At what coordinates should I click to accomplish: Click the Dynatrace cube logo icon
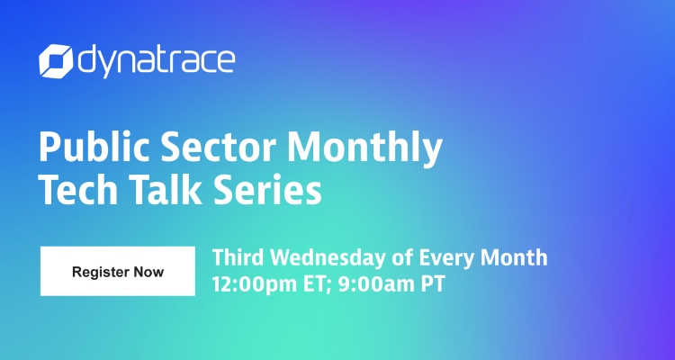pyautogui.click(x=56, y=61)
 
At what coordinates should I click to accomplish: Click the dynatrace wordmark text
pyautogui.click(x=155, y=62)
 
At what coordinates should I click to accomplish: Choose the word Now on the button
pyautogui.click(x=148, y=272)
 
